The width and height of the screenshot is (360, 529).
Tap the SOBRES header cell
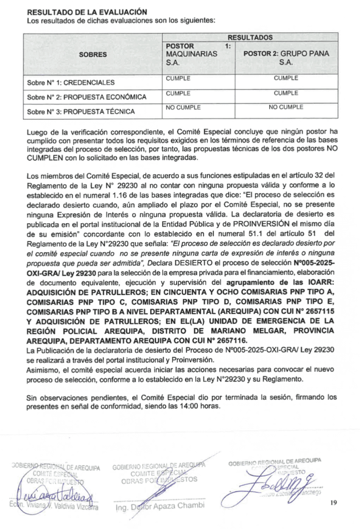pyautogui.click(x=93, y=54)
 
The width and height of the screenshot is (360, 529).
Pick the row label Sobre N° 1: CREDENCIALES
pyautogui.click(x=71, y=82)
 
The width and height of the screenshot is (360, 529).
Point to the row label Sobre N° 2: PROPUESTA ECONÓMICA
pyautogui.click(x=86, y=97)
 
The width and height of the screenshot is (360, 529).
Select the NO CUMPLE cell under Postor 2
pyautogui.click(x=286, y=108)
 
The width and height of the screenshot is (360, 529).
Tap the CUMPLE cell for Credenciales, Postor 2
pyautogui.click(x=286, y=79)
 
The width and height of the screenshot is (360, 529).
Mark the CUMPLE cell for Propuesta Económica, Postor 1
pyautogui.click(x=178, y=94)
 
